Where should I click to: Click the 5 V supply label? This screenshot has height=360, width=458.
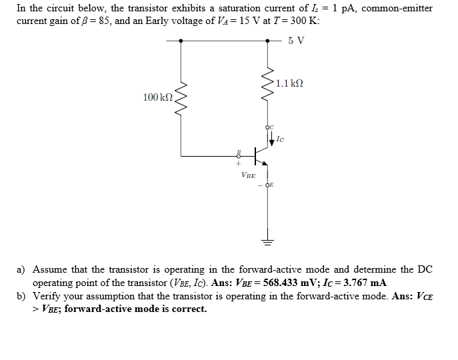click(296, 40)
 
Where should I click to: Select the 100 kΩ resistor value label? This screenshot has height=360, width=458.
click(157, 98)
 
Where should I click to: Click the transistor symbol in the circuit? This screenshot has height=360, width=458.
click(259, 157)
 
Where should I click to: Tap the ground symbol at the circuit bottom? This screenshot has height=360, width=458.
click(269, 241)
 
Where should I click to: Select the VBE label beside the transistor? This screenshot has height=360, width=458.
click(247, 175)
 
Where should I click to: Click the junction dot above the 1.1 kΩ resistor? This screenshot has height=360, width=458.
click(269, 40)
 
